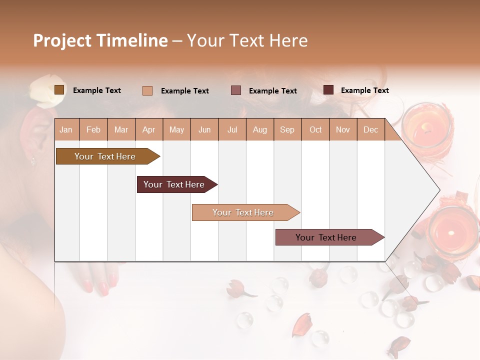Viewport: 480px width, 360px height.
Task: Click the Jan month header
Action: (66, 130)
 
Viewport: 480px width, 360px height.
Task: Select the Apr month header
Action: (149, 130)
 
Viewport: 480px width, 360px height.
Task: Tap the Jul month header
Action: (232, 130)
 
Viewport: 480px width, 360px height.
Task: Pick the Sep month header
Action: (287, 130)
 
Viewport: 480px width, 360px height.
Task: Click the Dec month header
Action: (370, 130)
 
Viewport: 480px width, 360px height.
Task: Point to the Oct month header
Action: (315, 130)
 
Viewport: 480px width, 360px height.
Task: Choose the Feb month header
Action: (93, 130)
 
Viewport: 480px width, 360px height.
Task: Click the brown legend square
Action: (59, 90)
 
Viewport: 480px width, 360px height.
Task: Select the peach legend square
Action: (147, 90)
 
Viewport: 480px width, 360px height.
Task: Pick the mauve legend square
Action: (236, 90)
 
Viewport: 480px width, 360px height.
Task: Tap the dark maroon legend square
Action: (328, 90)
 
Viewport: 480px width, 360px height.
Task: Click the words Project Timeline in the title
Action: (100, 40)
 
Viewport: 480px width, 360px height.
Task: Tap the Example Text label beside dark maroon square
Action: (364, 90)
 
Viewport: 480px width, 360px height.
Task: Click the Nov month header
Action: (343, 130)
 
